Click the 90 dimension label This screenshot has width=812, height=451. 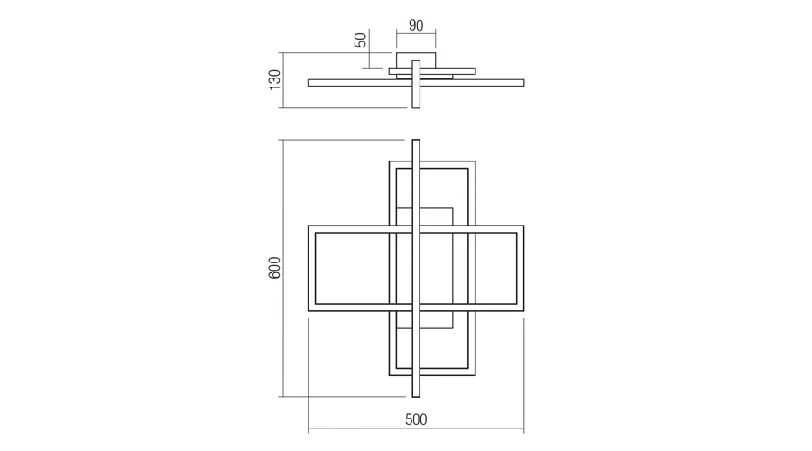[x=416, y=25]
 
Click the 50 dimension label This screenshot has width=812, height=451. [x=360, y=40]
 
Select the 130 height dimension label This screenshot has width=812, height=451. [x=274, y=79]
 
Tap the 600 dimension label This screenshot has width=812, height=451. [x=274, y=268]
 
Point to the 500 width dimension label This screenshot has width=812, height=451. [x=416, y=419]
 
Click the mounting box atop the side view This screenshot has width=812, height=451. [x=416, y=60]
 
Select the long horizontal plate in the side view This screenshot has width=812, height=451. [x=416, y=83]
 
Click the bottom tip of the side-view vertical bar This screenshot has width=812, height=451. [x=416, y=107]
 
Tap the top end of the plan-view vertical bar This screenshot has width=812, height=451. [x=416, y=140]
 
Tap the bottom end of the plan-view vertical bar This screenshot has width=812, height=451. [x=416, y=397]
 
